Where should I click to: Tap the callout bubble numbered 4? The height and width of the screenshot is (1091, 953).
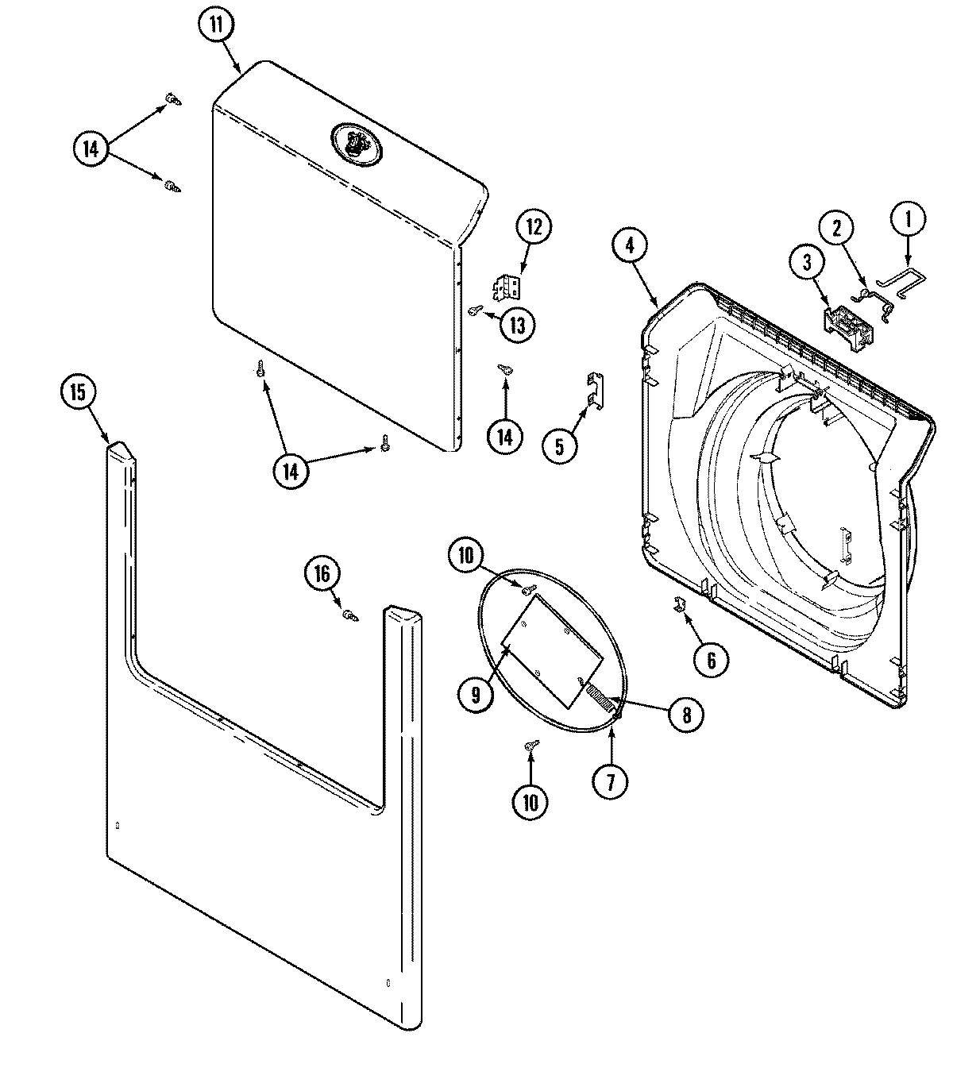[630, 245]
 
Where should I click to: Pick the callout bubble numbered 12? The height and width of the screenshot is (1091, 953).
[534, 227]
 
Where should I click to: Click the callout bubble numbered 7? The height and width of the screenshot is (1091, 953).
[610, 782]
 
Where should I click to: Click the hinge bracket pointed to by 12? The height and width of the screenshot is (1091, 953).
[507, 287]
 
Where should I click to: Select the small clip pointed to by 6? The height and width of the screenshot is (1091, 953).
[680, 605]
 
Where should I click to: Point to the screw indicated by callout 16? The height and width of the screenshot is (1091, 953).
[349, 614]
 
